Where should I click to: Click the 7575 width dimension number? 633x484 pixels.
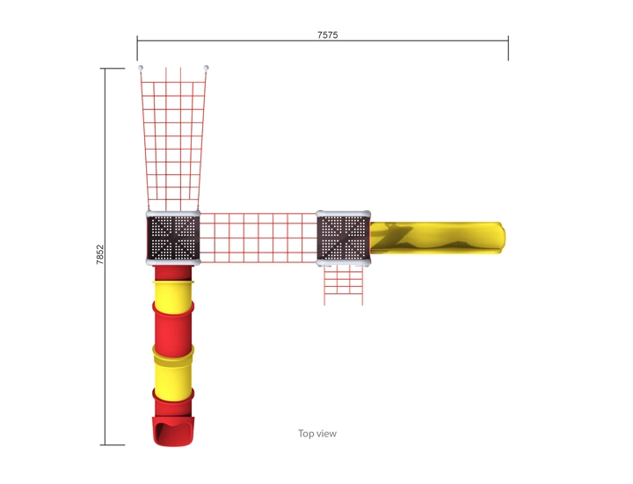(x=327, y=35)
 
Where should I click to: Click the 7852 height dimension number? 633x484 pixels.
(x=100, y=254)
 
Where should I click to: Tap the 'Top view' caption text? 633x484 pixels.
(x=317, y=434)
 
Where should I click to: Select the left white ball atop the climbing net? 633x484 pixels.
(x=141, y=68)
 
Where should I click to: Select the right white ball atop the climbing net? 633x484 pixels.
(x=207, y=68)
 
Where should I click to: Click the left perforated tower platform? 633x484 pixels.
(x=173, y=238)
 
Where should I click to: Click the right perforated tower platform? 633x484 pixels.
(x=344, y=238)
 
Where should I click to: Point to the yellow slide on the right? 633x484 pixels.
(x=438, y=238)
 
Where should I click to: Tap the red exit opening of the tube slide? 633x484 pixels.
(x=173, y=431)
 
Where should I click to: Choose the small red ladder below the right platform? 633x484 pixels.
(x=344, y=285)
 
